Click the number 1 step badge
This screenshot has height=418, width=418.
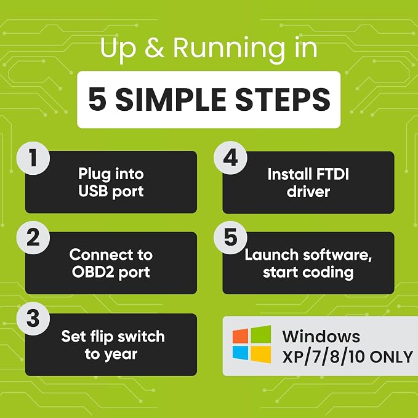click(33, 158)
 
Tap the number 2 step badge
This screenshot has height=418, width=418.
click(33, 238)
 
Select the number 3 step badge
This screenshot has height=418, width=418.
click(33, 318)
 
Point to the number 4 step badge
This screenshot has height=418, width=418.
click(230, 158)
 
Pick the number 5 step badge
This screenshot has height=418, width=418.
click(230, 238)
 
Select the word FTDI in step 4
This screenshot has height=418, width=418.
click(332, 174)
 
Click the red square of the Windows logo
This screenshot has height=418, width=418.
click(240, 336)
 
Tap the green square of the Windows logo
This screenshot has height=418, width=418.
click(261, 334)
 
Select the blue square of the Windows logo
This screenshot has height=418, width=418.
click(240, 353)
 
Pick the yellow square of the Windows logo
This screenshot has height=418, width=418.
click(261, 355)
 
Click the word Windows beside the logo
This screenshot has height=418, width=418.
click(321, 336)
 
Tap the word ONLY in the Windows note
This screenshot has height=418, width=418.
click(392, 356)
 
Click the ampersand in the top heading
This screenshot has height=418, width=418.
click(155, 47)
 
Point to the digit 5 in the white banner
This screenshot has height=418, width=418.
click(97, 100)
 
